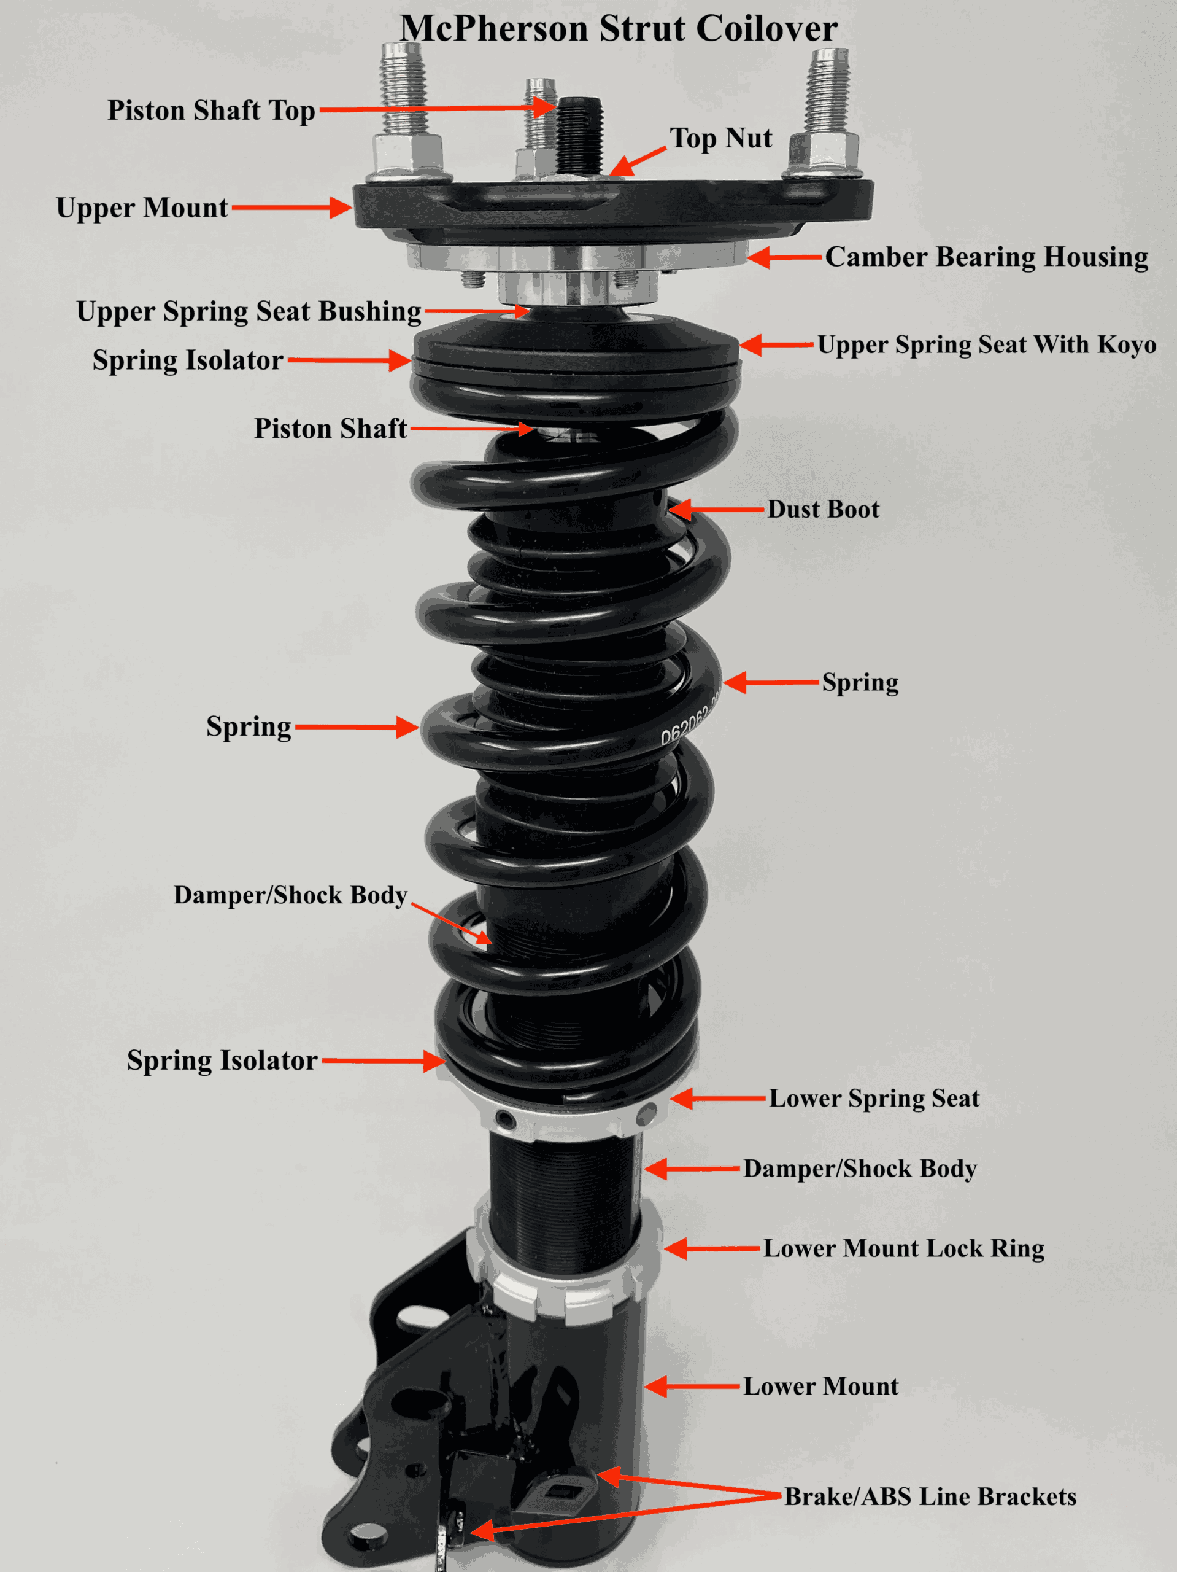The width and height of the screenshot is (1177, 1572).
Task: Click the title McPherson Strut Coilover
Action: (x=618, y=28)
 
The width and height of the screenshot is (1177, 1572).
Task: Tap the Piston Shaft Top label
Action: (x=211, y=111)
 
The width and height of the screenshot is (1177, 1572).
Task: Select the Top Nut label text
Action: (x=720, y=138)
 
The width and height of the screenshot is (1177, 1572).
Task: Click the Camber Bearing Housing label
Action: (x=986, y=257)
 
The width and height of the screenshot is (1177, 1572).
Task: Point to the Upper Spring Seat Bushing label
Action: (x=249, y=311)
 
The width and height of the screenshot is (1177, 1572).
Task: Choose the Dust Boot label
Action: (x=822, y=509)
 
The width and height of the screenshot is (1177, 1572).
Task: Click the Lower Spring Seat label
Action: (x=874, y=1098)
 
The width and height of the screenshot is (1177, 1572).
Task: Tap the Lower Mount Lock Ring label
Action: (x=903, y=1248)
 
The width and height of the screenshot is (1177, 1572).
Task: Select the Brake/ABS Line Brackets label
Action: (x=930, y=1496)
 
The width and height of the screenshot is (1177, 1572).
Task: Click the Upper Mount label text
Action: (x=142, y=208)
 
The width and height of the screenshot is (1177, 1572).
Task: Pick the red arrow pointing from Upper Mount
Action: (x=291, y=208)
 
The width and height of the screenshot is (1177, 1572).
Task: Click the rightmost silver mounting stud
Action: (x=828, y=92)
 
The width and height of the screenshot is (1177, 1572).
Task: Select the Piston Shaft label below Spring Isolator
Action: (x=330, y=429)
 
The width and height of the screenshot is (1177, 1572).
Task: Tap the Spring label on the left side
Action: (x=249, y=727)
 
